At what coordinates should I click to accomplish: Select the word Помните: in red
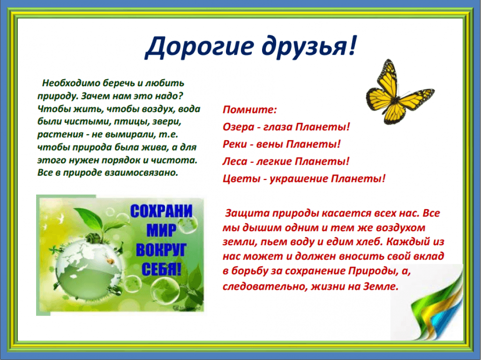click(x=250, y=110)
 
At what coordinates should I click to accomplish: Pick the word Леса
click(x=235, y=161)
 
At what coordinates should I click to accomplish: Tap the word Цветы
click(x=241, y=179)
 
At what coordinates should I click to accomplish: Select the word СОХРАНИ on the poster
click(x=161, y=211)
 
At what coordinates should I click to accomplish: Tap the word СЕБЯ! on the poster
click(x=161, y=269)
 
